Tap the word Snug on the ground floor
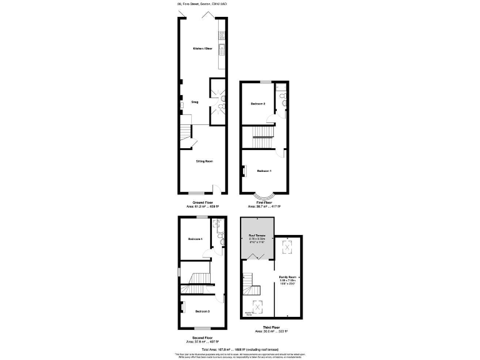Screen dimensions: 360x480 click(194, 102)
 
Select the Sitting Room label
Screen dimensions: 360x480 click(204, 161)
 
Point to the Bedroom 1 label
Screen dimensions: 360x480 click(264, 171)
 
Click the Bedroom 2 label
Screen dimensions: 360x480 click(258, 103)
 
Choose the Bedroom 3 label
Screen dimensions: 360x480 click(201, 311)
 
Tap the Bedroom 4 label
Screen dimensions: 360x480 click(196, 239)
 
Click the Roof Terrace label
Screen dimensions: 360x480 click(257, 236)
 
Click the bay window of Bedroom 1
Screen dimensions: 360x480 click(263, 196)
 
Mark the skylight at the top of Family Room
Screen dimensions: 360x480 click(288, 248)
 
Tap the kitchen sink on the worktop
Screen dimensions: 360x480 click(221, 47)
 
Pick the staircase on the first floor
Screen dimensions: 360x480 click(262, 134)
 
